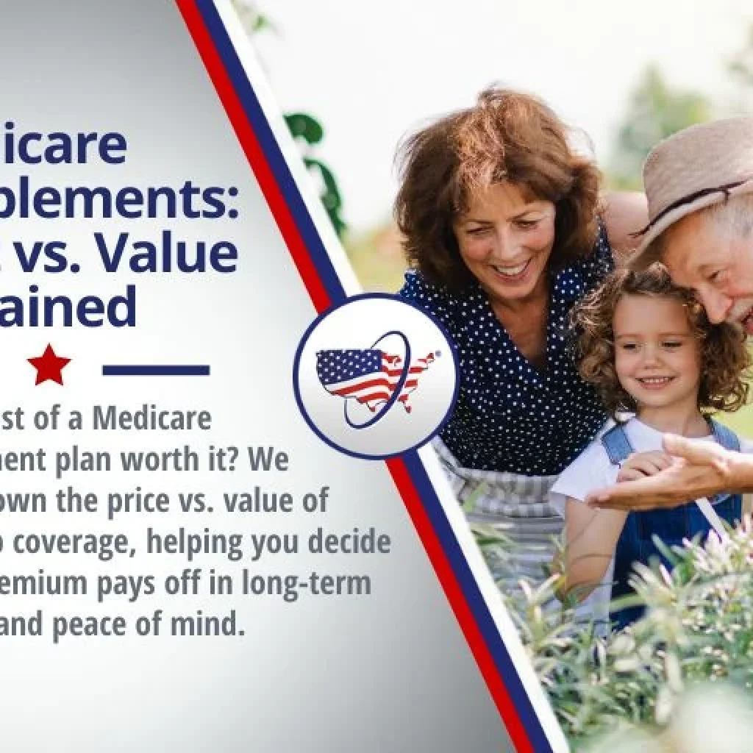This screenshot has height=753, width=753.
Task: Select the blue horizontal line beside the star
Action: [x=156, y=369]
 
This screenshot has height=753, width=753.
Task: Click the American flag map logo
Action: [x=374, y=376]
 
